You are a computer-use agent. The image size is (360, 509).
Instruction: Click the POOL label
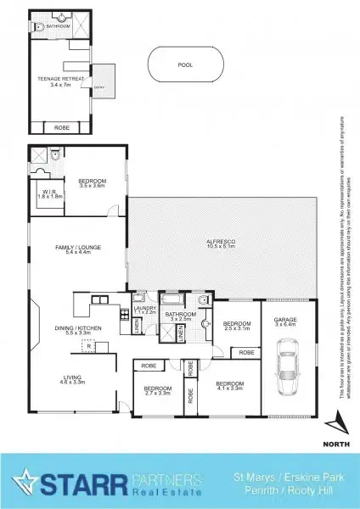185,64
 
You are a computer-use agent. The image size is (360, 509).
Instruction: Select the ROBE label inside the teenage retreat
62,127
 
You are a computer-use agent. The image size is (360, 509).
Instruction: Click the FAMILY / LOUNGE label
79,247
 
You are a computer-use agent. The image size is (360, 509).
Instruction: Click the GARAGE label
284,321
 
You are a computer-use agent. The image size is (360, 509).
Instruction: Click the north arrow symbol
338,421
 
